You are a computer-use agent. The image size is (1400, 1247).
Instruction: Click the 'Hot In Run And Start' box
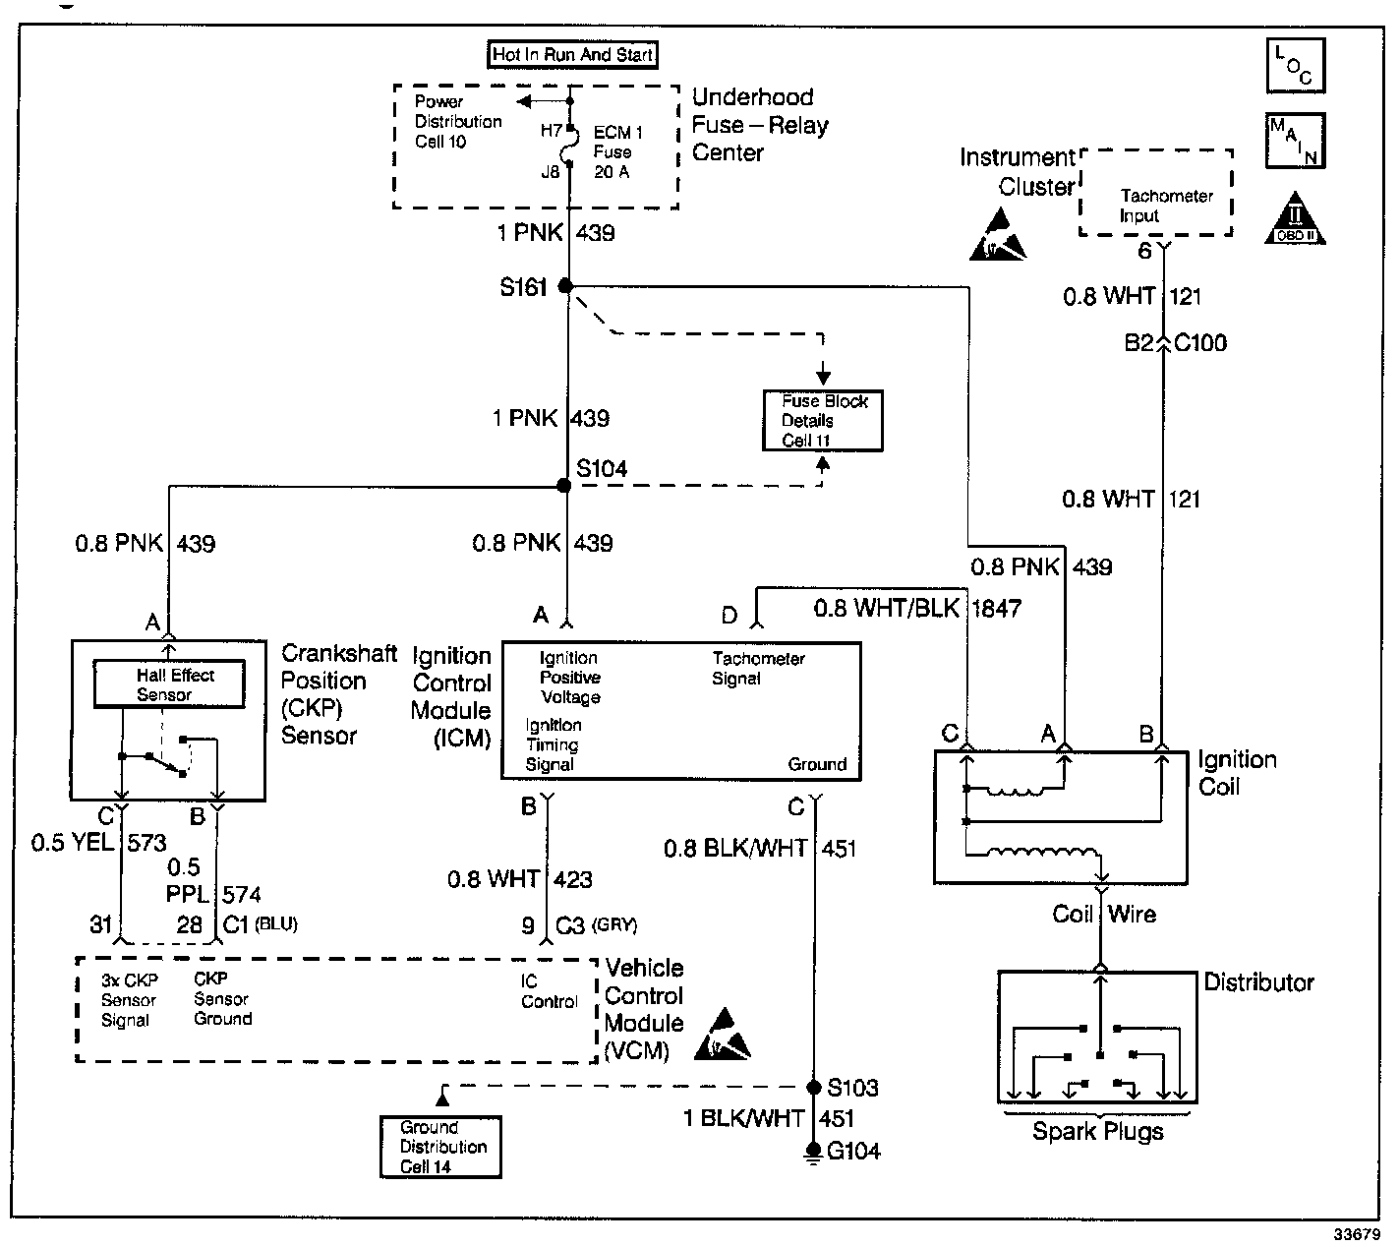573,55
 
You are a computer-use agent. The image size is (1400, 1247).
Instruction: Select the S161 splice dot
565,286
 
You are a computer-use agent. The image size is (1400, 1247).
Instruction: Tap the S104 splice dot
563,486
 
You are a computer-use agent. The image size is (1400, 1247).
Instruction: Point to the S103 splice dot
813,1088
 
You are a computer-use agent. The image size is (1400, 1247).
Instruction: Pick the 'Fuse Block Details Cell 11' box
823,421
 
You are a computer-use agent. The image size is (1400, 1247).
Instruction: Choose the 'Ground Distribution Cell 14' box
440,1147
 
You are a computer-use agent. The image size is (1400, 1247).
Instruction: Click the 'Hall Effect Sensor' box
169,684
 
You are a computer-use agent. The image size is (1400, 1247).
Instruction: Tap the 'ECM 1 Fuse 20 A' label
617,152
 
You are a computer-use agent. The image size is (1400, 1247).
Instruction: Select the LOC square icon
1295,65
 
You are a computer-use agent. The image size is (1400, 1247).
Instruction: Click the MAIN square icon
1295,140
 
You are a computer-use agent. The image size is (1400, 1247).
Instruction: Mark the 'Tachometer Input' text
1165,206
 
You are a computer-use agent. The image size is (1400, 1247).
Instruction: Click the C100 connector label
1200,343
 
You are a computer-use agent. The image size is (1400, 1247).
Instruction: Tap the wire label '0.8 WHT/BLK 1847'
916,609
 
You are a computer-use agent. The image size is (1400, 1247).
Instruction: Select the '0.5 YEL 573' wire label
98,843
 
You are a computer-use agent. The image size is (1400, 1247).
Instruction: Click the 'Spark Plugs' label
1097,1131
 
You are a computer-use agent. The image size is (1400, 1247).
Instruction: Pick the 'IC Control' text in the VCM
549,991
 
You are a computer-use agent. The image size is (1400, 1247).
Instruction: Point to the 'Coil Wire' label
1103,915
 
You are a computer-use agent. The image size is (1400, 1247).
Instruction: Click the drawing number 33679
1357,1234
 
